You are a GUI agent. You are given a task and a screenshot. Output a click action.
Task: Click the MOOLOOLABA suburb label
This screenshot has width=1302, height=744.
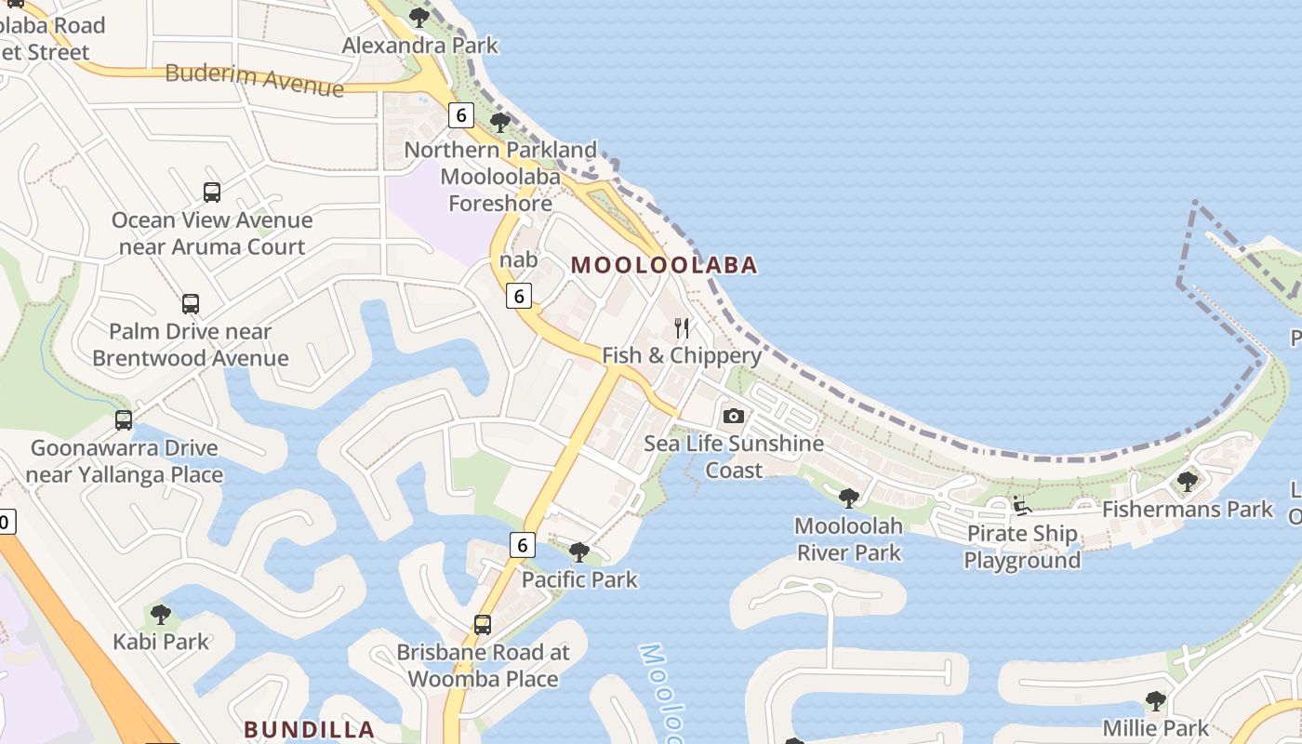pyautogui.click(x=664, y=265)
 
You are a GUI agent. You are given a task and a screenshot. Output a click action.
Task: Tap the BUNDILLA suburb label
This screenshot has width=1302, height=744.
pyautogui.click(x=310, y=729)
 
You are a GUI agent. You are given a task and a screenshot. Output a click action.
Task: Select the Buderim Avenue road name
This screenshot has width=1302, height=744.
pyautogui.click(x=254, y=80)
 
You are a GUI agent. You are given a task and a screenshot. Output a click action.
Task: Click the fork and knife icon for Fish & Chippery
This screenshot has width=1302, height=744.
pyautogui.click(x=682, y=328)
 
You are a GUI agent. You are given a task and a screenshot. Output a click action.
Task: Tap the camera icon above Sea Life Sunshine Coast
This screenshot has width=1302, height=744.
pyautogui.click(x=734, y=416)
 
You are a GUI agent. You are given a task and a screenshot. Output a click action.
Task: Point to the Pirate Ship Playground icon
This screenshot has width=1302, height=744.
pyautogui.click(x=1022, y=507)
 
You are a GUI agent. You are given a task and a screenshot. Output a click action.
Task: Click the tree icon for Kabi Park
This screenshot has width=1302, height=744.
pyautogui.click(x=161, y=614)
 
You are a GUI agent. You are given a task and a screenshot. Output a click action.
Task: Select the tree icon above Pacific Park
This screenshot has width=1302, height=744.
pyautogui.click(x=579, y=552)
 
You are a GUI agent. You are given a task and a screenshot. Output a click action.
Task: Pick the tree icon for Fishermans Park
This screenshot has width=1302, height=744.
pyautogui.click(x=1187, y=481)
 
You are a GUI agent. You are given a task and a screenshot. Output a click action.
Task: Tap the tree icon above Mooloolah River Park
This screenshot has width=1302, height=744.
pyautogui.click(x=848, y=498)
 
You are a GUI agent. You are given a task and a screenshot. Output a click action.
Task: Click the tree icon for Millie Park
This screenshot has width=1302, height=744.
pyautogui.click(x=1155, y=700)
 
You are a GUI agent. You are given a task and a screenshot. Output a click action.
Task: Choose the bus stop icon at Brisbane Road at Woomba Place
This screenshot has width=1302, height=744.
pyautogui.click(x=483, y=625)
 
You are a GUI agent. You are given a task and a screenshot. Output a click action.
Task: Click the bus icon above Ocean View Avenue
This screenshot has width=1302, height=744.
pyautogui.click(x=212, y=193)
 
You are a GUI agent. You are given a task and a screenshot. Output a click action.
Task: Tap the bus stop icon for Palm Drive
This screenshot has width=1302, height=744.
pyautogui.click(x=191, y=304)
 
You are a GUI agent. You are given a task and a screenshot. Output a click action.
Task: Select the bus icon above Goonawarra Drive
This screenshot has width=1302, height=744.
pyautogui.click(x=124, y=420)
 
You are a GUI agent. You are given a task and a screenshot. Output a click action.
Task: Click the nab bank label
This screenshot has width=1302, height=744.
pyautogui.click(x=518, y=259)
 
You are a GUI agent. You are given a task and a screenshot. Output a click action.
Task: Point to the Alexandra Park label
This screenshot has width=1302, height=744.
pyautogui.click(x=419, y=45)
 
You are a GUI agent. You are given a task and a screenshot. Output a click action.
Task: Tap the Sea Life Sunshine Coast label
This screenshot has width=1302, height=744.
pyautogui.click(x=734, y=457)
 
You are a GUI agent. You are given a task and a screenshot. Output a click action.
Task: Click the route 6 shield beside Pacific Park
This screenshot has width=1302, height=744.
pyautogui.click(x=522, y=545)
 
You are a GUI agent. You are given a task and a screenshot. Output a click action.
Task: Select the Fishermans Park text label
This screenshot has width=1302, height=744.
pyautogui.click(x=1187, y=509)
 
